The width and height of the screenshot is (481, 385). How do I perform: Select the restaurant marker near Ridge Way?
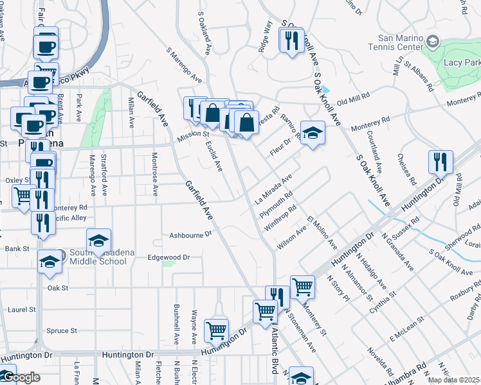(x=291, y=40)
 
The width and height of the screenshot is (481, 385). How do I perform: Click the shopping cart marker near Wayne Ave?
(x=217, y=330)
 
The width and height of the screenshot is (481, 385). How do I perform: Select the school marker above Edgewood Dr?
(x=98, y=240)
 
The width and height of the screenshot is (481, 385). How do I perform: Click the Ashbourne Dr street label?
(x=190, y=235)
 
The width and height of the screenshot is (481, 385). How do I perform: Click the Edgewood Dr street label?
(x=169, y=257)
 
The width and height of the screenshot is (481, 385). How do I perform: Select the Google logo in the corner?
(x=21, y=377)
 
